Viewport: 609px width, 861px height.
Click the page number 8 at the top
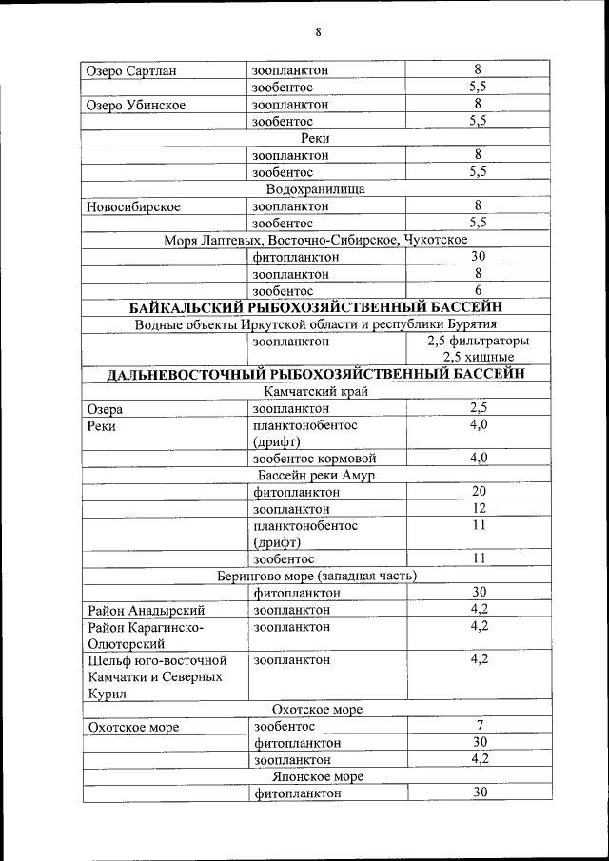tap(318, 32)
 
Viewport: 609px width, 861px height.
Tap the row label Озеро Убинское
tap(135, 105)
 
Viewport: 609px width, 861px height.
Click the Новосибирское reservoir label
tap(133, 205)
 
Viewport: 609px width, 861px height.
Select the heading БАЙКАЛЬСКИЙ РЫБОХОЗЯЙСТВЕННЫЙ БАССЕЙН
tap(315, 306)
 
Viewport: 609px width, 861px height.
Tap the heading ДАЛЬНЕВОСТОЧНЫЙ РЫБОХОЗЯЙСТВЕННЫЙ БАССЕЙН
tap(315, 374)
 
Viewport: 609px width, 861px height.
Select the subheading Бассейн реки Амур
tap(315, 475)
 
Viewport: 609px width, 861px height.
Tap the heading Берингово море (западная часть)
tap(315, 576)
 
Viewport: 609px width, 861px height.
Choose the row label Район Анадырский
tap(146, 610)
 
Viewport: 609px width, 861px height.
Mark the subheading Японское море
tap(317, 776)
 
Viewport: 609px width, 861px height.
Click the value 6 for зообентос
tap(479, 290)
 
